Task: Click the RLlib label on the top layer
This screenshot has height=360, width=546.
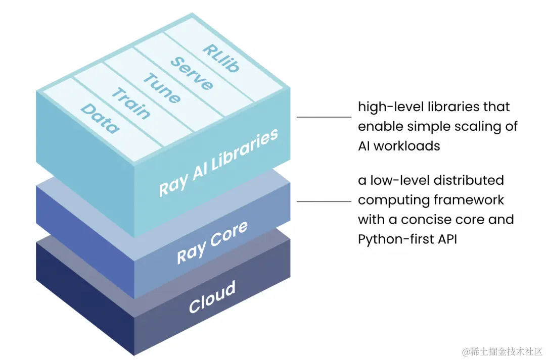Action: [221, 58]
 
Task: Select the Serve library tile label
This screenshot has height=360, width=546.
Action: [191, 73]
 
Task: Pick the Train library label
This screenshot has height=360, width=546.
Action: [131, 104]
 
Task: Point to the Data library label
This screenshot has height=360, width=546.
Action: [101, 119]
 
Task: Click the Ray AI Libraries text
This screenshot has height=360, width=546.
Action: [218, 163]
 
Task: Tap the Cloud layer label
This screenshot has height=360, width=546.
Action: [212, 297]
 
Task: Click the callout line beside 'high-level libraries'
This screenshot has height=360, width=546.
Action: [324, 117]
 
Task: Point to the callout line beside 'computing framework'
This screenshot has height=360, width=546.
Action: [324, 201]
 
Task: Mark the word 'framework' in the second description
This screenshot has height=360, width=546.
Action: [470, 200]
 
